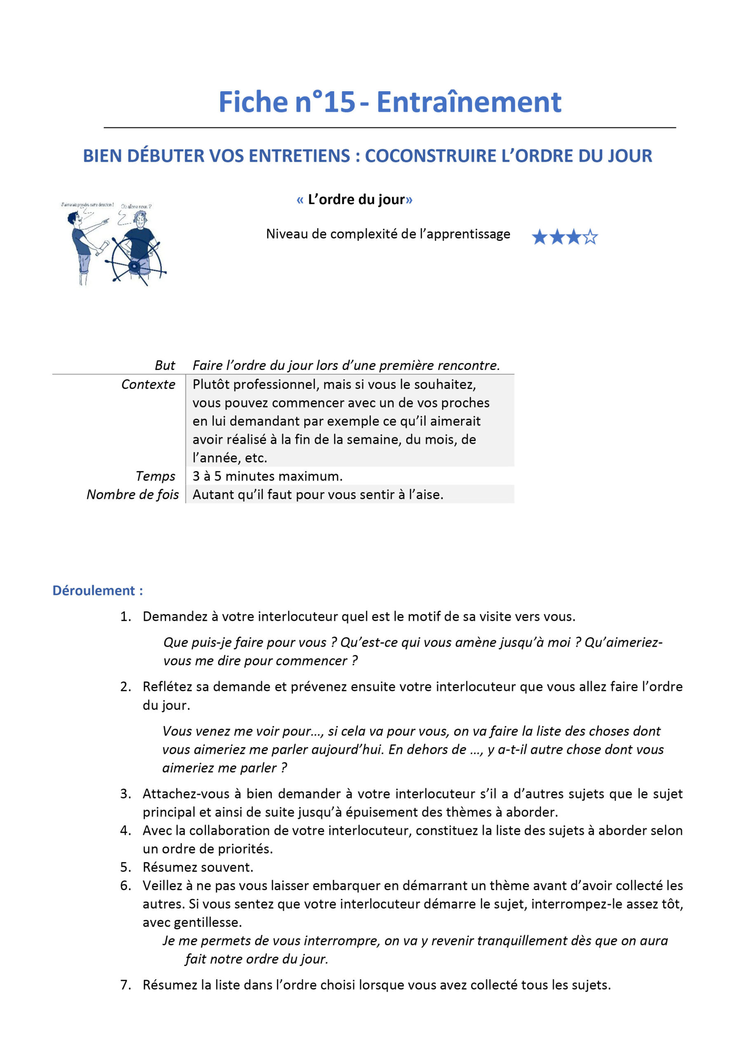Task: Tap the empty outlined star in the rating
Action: pos(590,237)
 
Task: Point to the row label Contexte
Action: pos(148,384)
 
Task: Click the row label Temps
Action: pos(155,476)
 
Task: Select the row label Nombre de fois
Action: pos(132,495)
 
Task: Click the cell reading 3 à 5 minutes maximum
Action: pos(267,476)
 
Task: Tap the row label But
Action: pos(164,365)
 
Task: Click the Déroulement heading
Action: pos(97,591)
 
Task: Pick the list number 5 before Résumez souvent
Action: pos(125,867)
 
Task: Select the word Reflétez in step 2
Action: pos(167,687)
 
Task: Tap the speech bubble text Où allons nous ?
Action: pos(136,207)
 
